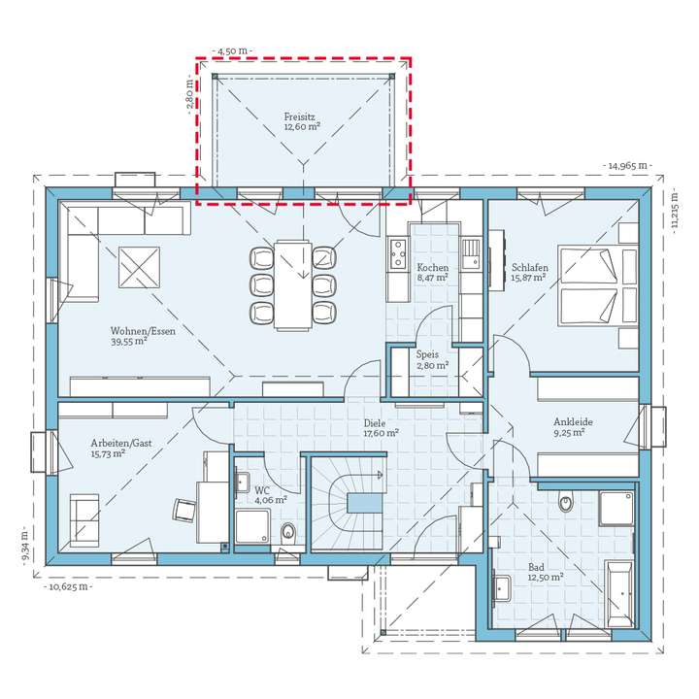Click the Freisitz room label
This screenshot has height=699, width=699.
300,116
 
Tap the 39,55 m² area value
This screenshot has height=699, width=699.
129,342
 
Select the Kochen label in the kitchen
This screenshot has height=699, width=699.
432,268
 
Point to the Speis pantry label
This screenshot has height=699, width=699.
427,354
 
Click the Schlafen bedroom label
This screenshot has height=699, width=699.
530,268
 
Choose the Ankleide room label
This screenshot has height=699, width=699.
573,421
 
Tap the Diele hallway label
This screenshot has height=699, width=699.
375,422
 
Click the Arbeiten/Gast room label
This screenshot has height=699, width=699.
121,443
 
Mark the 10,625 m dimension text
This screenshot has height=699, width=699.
68,586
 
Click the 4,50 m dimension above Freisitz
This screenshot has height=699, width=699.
232,50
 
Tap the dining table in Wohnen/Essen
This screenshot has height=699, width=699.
292,285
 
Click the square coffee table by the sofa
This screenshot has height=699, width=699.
139,268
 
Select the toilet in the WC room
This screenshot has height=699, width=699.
288,532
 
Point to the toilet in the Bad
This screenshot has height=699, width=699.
566,502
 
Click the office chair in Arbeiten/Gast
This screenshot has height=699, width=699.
184,510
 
